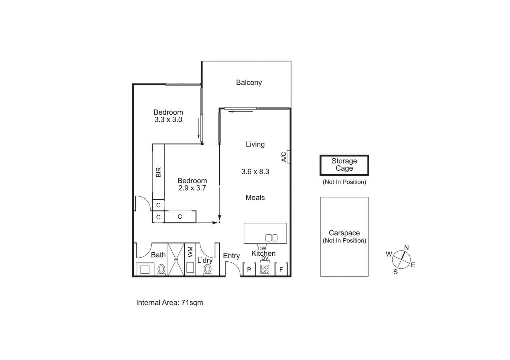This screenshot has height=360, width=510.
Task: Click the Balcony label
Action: (x=249, y=82)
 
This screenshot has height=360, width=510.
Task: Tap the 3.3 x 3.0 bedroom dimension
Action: (x=168, y=120)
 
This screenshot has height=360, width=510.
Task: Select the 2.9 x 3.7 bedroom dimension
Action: (x=192, y=188)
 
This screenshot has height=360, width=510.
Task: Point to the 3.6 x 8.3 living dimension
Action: (x=255, y=172)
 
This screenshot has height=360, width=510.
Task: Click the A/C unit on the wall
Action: (x=288, y=157)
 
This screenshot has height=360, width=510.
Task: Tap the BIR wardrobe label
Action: (x=158, y=172)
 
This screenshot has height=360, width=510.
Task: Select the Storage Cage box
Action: (x=344, y=165)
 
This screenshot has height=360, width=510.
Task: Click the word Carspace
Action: (x=344, y=233)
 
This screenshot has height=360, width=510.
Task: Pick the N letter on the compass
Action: (x=406, y=248)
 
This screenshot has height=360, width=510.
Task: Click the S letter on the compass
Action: (x=396, y=272)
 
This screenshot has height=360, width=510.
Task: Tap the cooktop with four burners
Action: (x=265, y=269)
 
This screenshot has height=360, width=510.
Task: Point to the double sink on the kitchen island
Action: (x=271, y=238)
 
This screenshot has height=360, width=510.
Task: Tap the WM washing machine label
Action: (x=190, y=252)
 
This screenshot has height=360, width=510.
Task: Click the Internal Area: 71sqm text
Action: (x=169, y=303)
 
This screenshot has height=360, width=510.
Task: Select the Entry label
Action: (x=231, y=256)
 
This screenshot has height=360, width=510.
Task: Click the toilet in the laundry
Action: (x=208, y=269)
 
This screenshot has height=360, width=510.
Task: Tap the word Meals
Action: (x=255, y=198)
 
